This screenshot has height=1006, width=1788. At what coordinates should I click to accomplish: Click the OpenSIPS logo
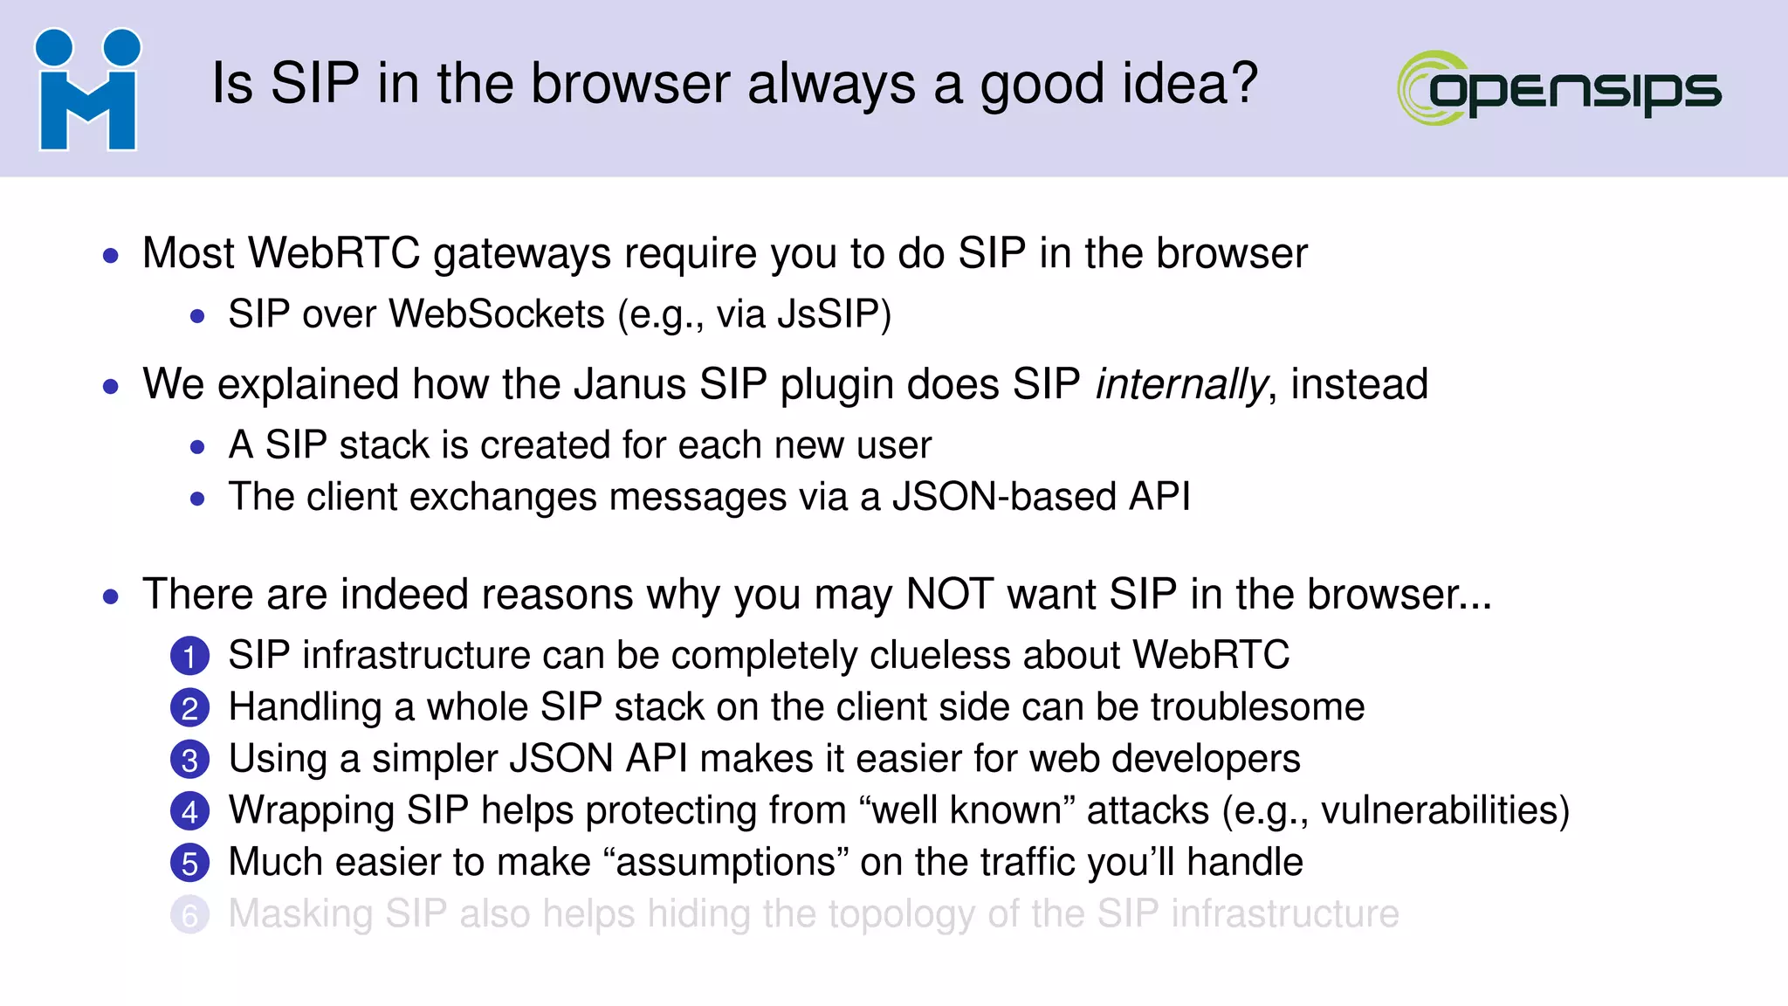(1559, 88)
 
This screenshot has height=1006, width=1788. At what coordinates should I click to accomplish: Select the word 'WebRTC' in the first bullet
(334, 253)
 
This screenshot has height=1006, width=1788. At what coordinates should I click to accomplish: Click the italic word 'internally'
(1180, 385)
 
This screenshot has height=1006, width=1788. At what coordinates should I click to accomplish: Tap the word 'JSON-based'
(1004, 497)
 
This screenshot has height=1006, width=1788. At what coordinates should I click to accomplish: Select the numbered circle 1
(189, 657)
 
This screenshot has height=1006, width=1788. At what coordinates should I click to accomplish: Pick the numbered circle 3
(189, 760)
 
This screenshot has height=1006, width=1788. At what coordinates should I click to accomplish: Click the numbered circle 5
(189, 863)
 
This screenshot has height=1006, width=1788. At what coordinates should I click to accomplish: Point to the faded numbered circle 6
(189, 915)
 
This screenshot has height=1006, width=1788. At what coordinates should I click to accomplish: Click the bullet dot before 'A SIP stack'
(197, 447)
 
